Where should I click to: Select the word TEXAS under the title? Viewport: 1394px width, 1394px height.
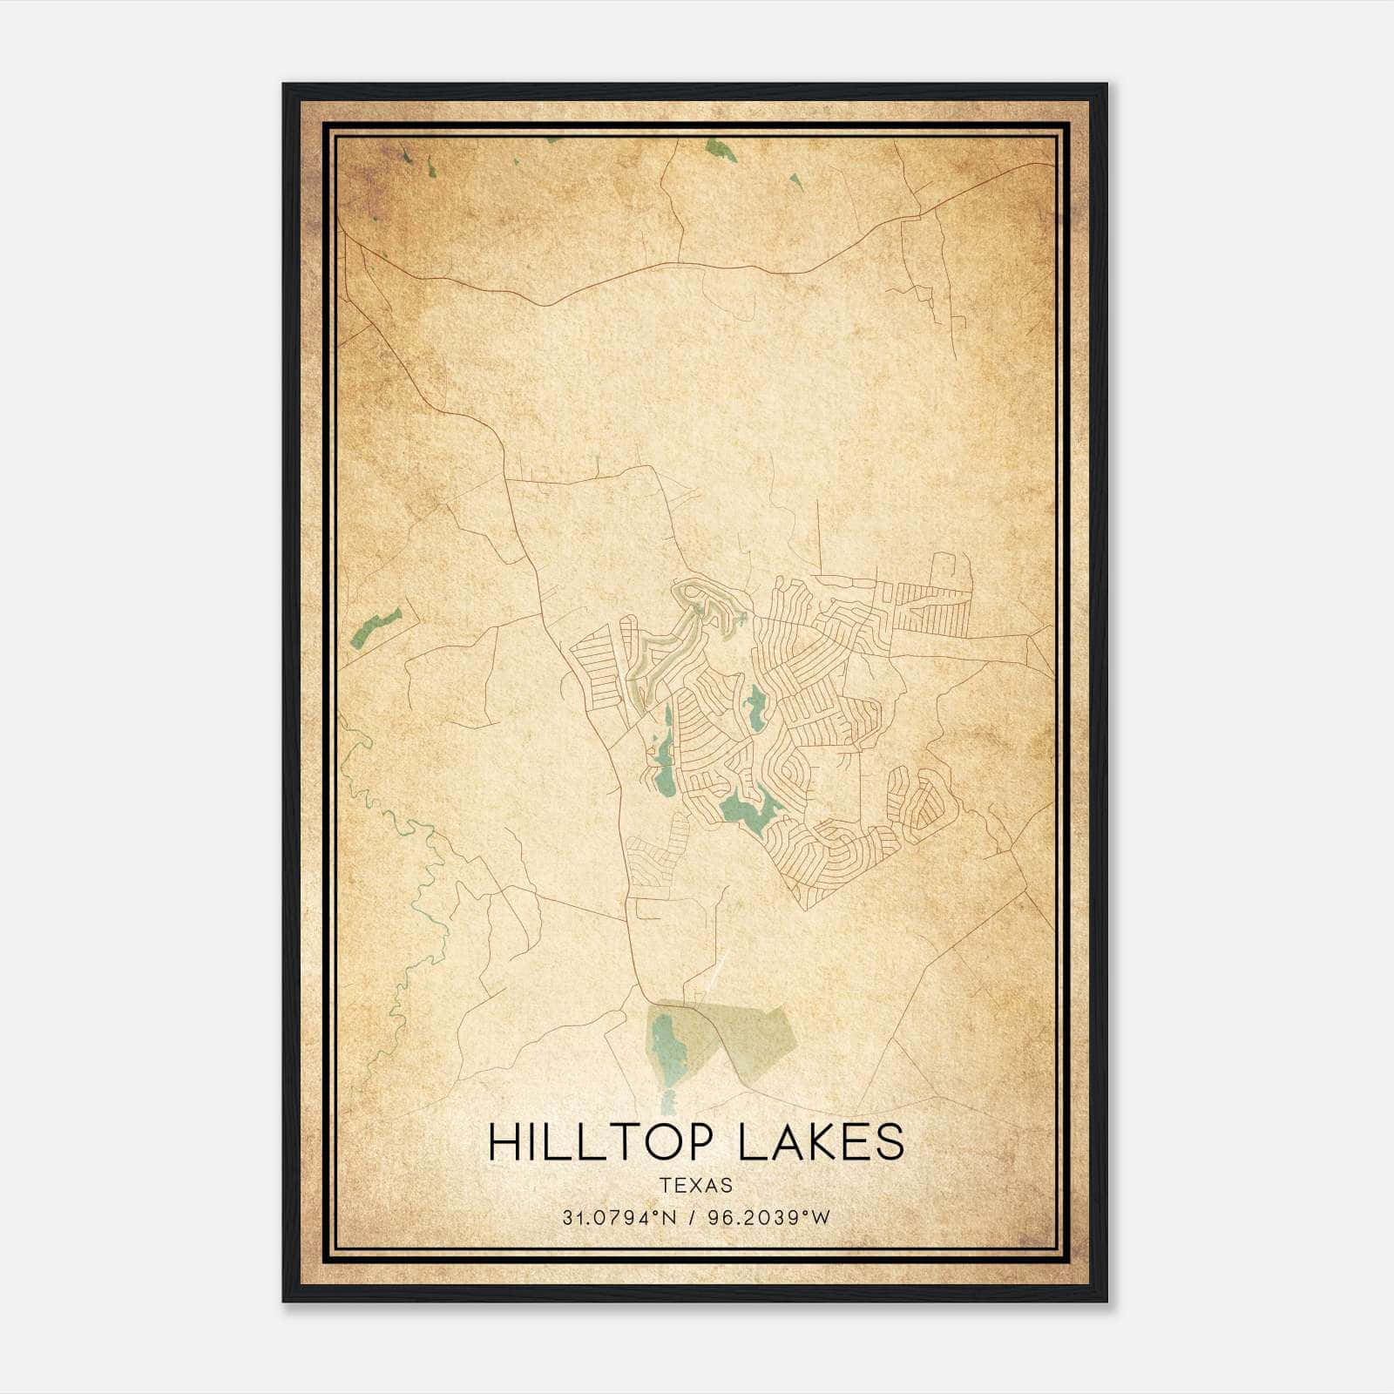tap(696, 1185)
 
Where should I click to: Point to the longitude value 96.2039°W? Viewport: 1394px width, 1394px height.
tap(768, 1217)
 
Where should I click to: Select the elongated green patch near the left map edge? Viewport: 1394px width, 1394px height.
tap(376, 626)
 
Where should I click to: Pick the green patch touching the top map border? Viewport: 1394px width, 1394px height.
tap(720, 150)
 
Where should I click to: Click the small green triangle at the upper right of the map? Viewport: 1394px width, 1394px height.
tap(795, 180)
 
